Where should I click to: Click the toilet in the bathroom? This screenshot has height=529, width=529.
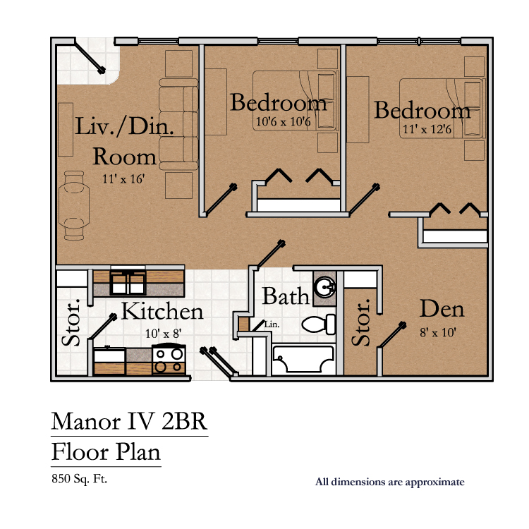[319, 324]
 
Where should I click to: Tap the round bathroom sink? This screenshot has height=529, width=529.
[324, 288]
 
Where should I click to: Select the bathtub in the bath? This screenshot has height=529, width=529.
[303, 359]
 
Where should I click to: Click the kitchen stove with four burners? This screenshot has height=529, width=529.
[169, 360]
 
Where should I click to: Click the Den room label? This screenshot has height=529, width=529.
[442, 309]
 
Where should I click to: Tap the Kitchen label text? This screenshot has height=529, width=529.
[162, 311]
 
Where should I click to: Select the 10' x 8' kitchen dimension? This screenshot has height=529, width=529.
[164, 334]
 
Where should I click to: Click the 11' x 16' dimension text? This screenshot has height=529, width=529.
[123, 179]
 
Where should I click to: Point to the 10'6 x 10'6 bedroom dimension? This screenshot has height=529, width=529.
[283, 121]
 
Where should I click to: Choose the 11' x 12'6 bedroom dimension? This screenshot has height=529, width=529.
[427, 129]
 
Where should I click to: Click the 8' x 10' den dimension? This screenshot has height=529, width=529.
[438, 333]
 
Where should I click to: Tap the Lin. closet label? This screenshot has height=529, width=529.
[272, 324]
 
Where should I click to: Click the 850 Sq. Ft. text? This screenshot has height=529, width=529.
[79, 479]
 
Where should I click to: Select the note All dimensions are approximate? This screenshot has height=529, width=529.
[389, 482]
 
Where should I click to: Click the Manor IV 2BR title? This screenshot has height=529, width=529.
[129, 422]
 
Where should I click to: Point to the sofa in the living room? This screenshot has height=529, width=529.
[178, 124]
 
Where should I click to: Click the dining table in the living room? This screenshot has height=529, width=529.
[74, 205]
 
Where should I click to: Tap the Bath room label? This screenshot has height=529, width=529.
[286, 296]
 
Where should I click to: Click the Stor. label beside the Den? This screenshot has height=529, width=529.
[360, 322]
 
